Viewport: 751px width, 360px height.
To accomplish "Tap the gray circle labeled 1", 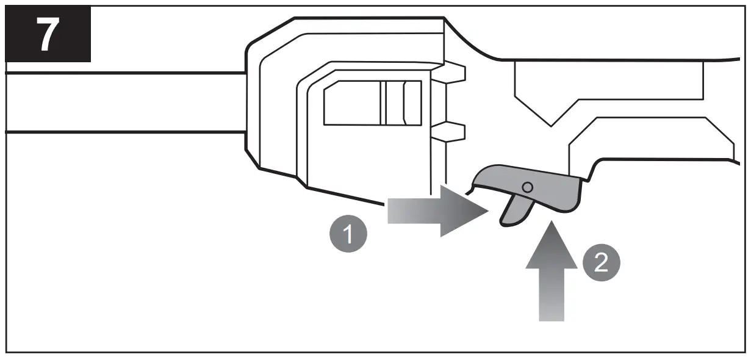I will [x=349, y=234].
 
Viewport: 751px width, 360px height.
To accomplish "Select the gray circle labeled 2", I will [x=601, y=263].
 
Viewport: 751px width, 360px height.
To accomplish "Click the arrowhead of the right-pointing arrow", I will [x=467, y=211].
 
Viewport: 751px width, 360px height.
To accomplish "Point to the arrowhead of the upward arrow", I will [x=551, y=242].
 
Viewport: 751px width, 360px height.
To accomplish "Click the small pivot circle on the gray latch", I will [x=528, y=186].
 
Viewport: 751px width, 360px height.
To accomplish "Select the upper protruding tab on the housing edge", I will [x=455, y=73].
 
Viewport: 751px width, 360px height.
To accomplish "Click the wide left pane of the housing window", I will [x=351, y=103].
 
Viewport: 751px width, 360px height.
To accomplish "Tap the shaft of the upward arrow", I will [x=551, y=293].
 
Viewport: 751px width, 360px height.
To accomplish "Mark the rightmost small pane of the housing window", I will [x=412, y=103].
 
